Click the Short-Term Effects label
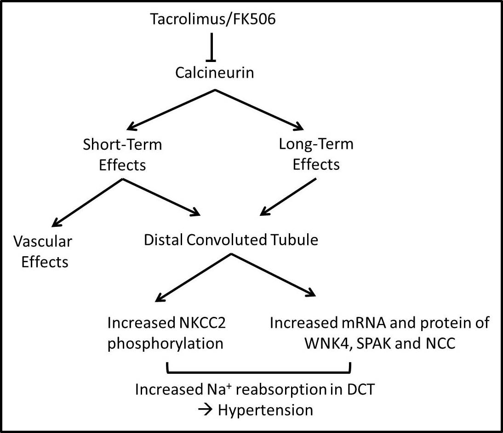[122, 154]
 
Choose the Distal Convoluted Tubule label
[231, 240]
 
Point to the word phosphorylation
[165, 343]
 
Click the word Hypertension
[265, 410]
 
